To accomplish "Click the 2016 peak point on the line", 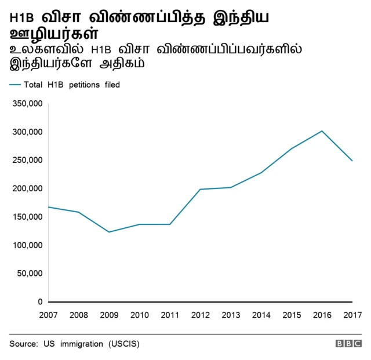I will point(322,131).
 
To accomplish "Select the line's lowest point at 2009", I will point(109,232).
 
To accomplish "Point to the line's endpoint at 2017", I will point(352,161).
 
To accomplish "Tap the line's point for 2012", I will point(200,189).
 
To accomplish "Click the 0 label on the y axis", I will point(40,302).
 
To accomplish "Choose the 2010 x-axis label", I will point(139,315).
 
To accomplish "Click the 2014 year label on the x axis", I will point(261,315).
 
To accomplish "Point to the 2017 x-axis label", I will point(351,315).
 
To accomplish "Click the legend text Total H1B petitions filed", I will point(72,85).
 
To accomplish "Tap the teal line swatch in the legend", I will point(15,85).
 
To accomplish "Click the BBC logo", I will point(348,344).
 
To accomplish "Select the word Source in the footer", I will point(23,344).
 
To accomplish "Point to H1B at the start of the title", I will point(21,19).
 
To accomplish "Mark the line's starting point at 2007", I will point(48,207).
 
